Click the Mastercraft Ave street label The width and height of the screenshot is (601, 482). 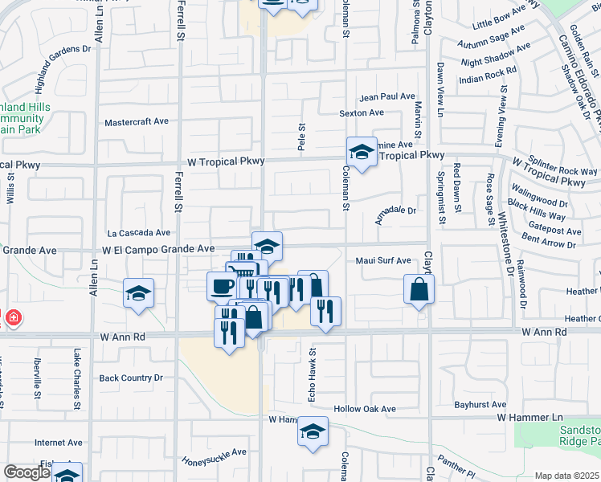pos(137,122)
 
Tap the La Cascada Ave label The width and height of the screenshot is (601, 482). pos(139,233)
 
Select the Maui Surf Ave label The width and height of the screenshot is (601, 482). pos(383,261)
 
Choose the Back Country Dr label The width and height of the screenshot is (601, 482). pos(131,377)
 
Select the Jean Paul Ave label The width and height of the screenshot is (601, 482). pos(387,96)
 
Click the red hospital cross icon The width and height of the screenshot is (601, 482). pos(11,318)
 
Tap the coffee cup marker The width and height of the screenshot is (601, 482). pos(222,285)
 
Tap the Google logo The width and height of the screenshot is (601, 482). pos(27,473)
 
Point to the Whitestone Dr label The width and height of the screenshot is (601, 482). pos(505,240)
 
